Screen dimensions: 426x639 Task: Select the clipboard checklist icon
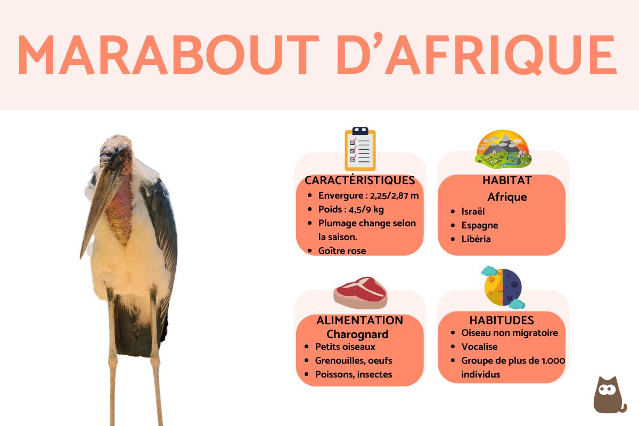coord(360,149)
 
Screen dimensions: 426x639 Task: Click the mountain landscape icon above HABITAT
coord(503,149)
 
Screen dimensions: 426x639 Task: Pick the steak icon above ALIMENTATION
coord(361,292)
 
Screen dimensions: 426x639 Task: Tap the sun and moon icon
coord(503,288)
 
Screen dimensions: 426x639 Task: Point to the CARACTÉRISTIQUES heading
coord(359,181)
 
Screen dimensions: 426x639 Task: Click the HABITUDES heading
coord(502,320)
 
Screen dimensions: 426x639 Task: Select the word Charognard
coord(357,334)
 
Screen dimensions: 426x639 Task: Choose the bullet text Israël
coord(473,211)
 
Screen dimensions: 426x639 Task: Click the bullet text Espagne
coord(480,225)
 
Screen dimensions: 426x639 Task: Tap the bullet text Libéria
coord(476,239)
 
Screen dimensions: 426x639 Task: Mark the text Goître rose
coord(342,251)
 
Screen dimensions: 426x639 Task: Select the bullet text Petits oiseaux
coord(345,347)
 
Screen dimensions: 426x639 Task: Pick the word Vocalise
coord(479,347)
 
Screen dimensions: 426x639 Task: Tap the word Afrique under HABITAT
coord(507,197)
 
